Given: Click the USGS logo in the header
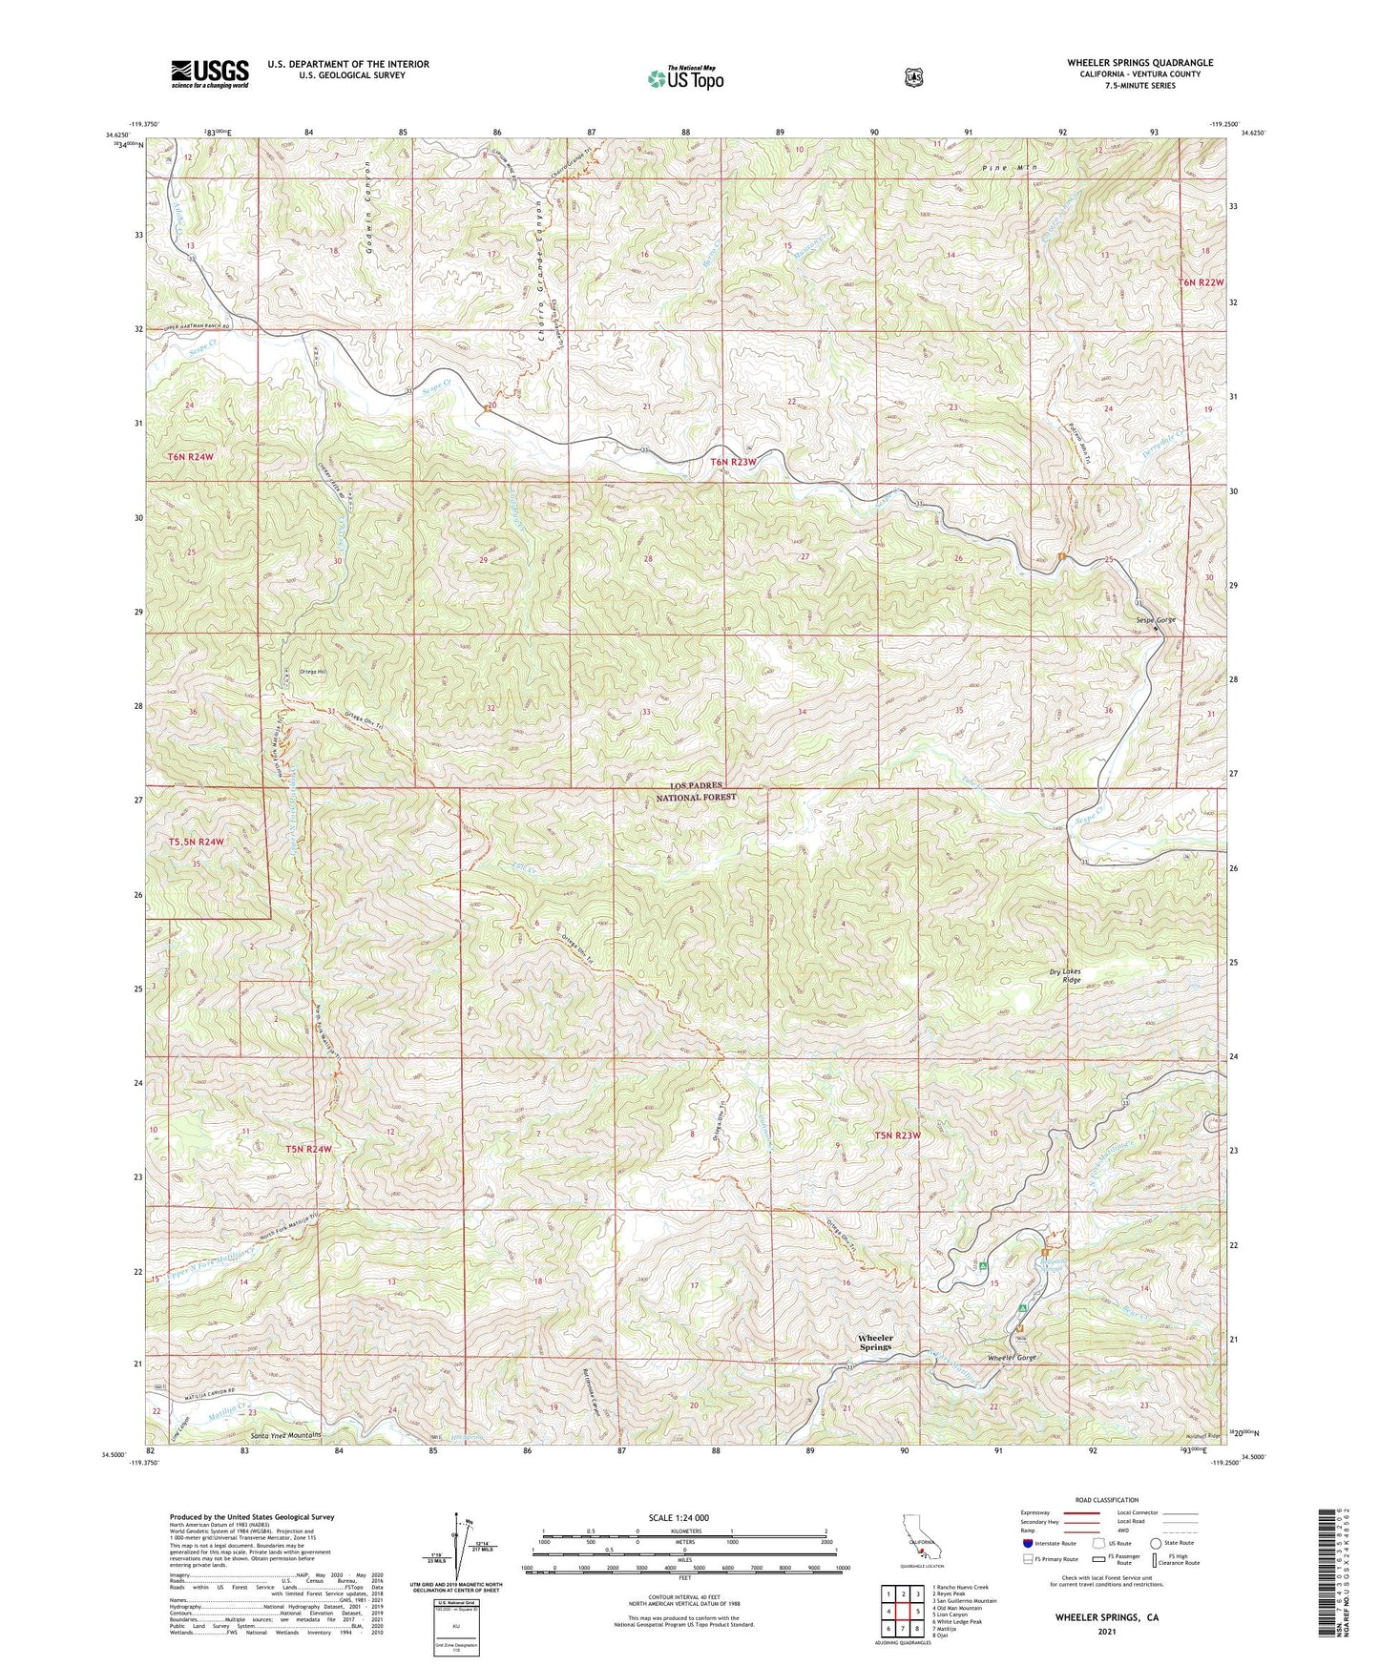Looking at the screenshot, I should click(210, 73).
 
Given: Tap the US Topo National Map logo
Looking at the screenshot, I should click(685, 77).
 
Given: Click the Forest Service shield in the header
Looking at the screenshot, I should click(914, 77).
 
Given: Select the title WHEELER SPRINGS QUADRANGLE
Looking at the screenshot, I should click(1140, 63).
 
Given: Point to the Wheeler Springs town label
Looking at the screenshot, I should click(875, 1343).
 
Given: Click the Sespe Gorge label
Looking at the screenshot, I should click(1156, 620).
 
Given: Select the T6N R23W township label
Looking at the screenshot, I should click(733, 463).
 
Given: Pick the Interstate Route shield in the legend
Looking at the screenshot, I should click(1027, 1542).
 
